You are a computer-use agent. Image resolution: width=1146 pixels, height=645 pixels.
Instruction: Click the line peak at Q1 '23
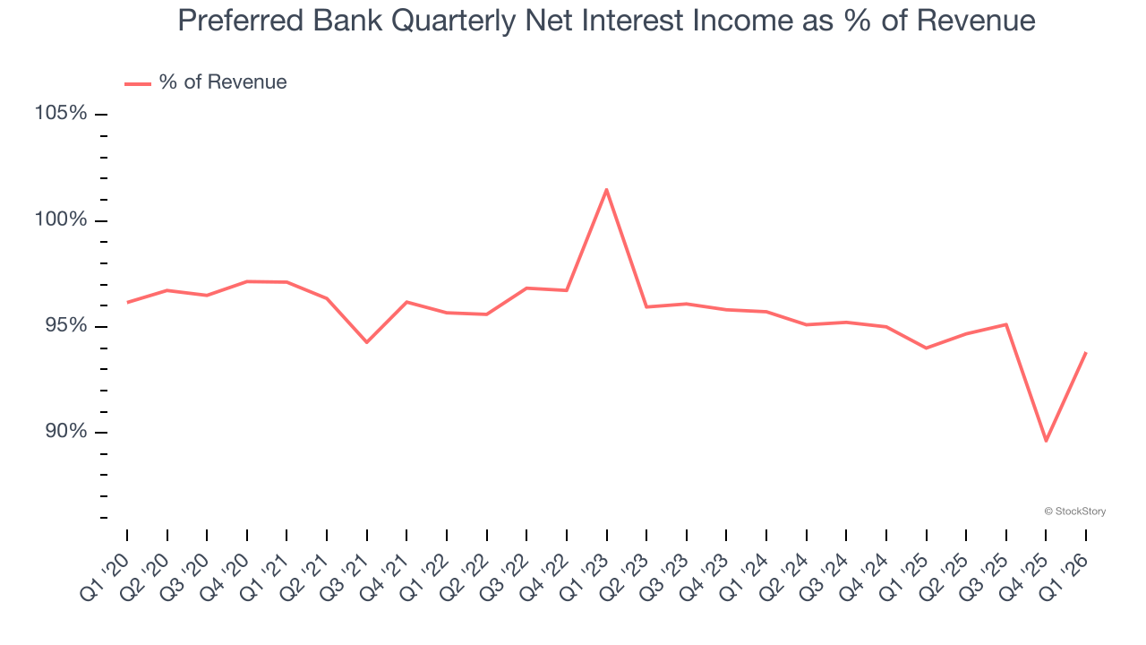point(606,189)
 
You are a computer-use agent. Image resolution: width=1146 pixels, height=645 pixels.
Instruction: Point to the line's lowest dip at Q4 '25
point(1046,441)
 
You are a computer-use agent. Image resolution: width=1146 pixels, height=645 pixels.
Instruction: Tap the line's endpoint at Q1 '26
point(1086,352)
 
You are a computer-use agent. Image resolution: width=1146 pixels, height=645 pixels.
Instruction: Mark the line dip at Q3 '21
point(366,342)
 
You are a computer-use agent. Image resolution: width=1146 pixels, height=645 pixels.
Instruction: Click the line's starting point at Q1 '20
point(127,303)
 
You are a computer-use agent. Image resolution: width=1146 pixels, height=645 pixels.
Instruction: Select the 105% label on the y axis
point(61,114)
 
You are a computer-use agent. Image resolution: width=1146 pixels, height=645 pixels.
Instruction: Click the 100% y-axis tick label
point(61,220)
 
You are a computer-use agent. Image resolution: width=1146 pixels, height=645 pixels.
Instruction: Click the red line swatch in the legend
point(137,83)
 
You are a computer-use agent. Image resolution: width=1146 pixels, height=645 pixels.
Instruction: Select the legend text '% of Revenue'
point(223,82)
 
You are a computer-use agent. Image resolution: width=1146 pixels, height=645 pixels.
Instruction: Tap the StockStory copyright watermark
point(1074,512)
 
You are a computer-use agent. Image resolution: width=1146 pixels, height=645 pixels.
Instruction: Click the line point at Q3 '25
point(1006,324)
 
